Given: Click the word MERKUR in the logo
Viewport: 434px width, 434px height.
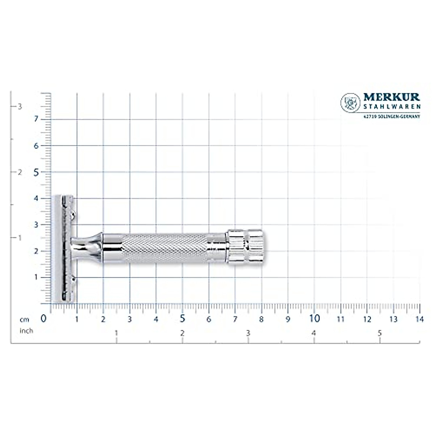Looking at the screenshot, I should coord(391,97).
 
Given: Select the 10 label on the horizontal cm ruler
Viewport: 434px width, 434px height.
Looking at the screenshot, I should coord(315,319).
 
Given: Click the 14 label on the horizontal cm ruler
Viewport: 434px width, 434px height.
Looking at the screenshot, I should coord(420,319).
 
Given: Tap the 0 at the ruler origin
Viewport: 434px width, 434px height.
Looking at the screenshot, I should coord(44,319).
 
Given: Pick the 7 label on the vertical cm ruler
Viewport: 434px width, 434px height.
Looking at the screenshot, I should coord(36,119).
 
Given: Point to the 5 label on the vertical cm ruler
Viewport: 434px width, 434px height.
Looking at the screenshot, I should coord(36,172).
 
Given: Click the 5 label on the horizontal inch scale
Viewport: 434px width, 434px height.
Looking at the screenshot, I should coord(380,333).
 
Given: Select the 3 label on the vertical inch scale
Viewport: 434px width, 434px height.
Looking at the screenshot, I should coord(20,106).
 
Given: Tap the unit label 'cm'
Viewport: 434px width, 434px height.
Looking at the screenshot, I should coord(24,319).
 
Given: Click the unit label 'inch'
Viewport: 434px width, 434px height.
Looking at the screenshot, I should coord(26,331).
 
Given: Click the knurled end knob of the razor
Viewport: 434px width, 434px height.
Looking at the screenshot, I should coord(246,246).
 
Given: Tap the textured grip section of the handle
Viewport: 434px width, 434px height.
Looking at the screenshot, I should coord(165,247).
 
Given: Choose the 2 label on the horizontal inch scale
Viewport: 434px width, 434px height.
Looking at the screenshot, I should coord(182,333).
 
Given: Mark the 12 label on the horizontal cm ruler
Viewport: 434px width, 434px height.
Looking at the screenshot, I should coord(367,319).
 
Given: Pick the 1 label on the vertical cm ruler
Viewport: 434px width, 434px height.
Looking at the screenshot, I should coord(36,277).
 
